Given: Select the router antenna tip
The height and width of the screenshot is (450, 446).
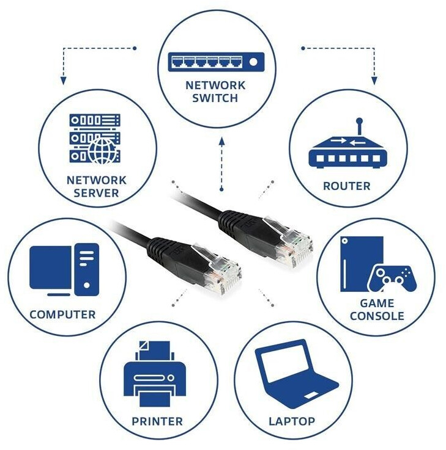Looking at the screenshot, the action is coord(360,122).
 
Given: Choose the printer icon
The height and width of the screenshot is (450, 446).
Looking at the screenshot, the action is coord(157,374).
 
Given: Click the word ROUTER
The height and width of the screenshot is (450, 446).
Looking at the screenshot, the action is coord(347,186).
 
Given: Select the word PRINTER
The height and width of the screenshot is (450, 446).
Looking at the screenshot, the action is coord(157,421).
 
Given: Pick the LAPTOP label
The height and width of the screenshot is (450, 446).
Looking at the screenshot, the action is coord(292,421).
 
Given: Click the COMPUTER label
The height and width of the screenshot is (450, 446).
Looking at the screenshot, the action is coord(63,315).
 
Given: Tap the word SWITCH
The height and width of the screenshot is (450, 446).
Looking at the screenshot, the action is coord(215,98).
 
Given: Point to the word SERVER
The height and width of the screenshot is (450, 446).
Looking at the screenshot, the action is coord(97,194).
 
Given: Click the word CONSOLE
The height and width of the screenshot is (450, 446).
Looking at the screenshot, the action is coord(377,316).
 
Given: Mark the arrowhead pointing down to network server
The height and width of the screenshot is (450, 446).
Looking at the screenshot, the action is coord(62,80).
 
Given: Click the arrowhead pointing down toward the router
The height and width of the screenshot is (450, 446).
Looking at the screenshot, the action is coord(374,80).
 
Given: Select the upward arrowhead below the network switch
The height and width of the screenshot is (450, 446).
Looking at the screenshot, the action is coord(222,141).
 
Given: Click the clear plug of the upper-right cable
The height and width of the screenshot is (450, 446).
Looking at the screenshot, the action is coord(292,244).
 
